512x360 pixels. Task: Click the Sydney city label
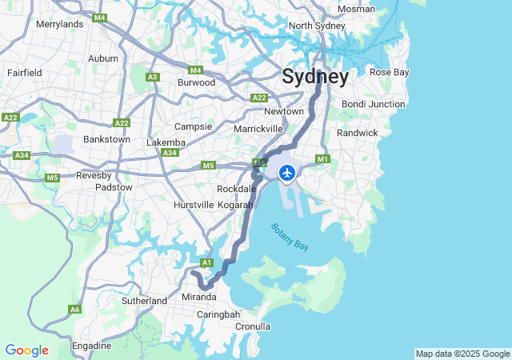coord(314,78)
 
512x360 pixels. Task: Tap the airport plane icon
coord(286,172)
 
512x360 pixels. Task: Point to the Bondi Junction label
coord(373,104)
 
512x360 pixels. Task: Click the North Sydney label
coord(316,26)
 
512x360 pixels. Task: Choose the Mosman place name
coord(356,9)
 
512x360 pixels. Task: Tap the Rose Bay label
coord(389,72)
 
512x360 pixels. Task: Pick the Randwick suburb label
coord(357,133)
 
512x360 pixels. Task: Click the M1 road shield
coord(323,158)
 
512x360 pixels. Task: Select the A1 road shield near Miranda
coord(206,262)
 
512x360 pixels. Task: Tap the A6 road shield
coord(75,309)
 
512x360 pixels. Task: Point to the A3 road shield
coord(152,77)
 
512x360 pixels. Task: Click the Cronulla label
coord(253,326)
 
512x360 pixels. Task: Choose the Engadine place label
coord(92,346)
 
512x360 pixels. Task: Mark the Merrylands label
coord(60,24)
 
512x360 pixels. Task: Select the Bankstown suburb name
coord(106,139)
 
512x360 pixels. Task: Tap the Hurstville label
coord(194,205)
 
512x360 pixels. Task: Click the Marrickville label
coord(258,128)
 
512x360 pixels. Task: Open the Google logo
coord(26,350)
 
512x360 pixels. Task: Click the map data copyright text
coord(462,354)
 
